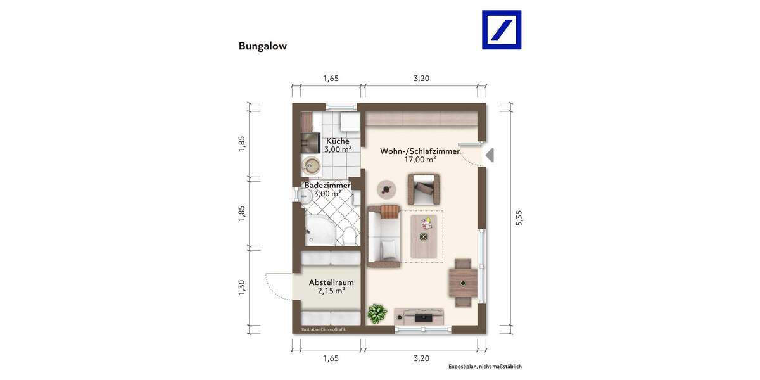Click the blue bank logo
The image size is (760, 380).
502,30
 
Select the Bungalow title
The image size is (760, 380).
262,46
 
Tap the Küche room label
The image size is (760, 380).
338,141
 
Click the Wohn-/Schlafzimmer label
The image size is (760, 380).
419,151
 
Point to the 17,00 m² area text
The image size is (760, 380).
419,160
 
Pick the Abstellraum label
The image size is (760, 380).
331,282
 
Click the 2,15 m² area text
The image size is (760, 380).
331,291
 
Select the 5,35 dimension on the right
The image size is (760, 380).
519,217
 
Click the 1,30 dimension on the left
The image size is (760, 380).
241,287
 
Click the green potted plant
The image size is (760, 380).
378,313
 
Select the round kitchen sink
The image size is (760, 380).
310,167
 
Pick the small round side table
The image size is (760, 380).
386,188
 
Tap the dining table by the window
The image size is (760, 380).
463,282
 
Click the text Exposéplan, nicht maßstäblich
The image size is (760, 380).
484,367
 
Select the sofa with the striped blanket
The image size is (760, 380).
384,233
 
